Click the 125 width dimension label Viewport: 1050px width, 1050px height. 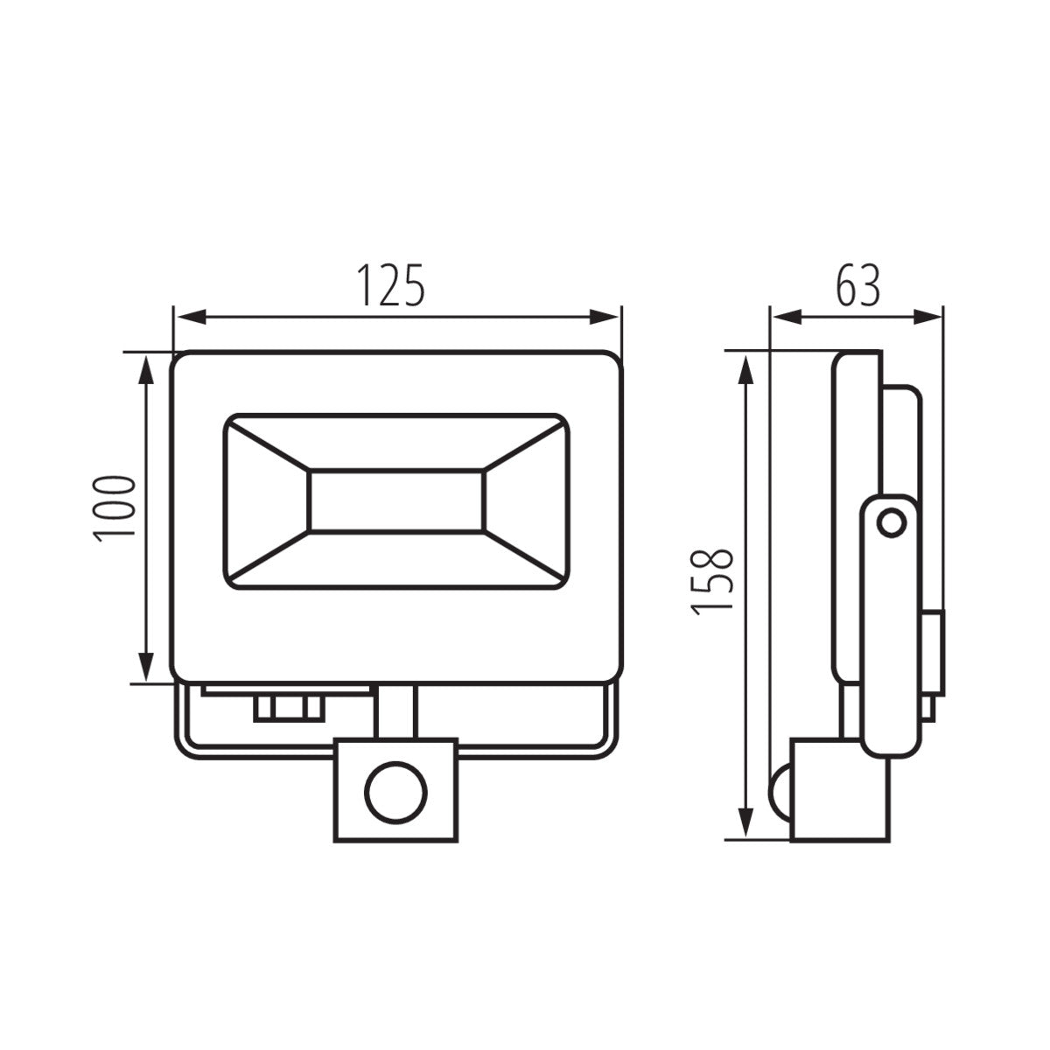pos(391,283)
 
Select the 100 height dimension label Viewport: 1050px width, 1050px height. pos(117,509)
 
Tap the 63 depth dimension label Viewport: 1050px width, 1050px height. pos(857,283)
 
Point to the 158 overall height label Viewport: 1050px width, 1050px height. pos(712,581)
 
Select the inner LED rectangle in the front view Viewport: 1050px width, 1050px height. pos(395,501)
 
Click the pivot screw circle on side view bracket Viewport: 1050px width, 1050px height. pos(892,523)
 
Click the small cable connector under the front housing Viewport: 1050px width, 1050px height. pos(288,706)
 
